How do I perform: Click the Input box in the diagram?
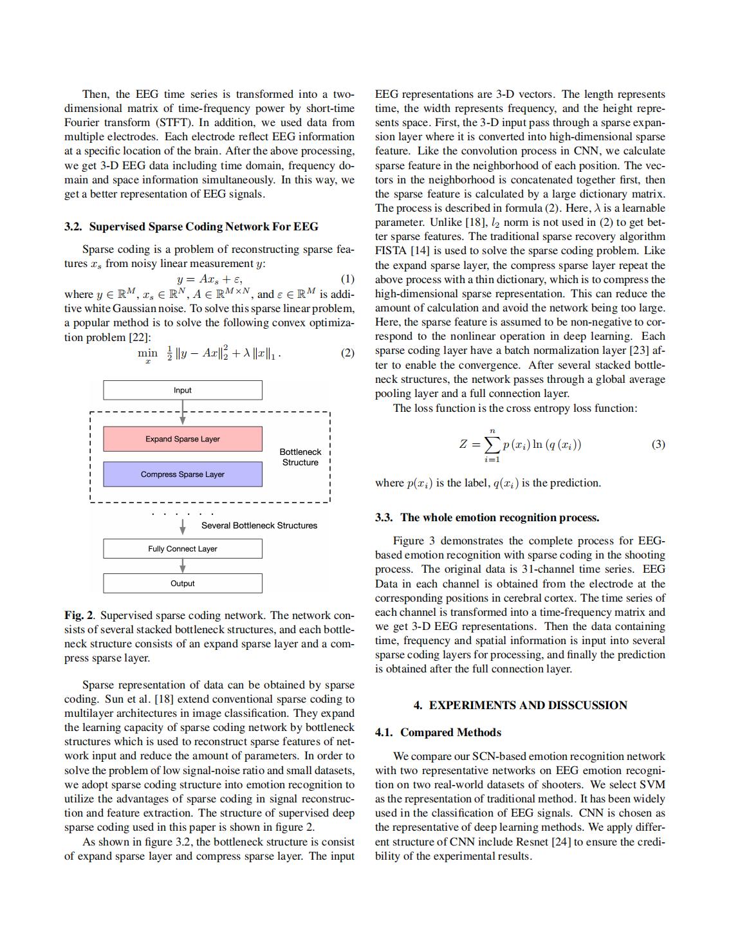click(182, 390)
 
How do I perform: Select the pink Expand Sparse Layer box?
click(182, 439)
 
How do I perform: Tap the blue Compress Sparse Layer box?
click(182, 474)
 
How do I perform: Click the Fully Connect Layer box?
click(182, 548)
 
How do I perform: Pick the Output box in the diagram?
click(182, 583)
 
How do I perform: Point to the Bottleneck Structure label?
click(300, 457)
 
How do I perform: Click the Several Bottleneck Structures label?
click(259, 525)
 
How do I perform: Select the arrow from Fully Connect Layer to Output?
click(183, 566)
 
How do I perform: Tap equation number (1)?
click(347, 279)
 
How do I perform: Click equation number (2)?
click(347, 353)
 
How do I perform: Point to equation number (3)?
click(658, 444)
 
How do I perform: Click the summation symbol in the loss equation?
click(492, 445)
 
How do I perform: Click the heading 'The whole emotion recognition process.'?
click(499, 517)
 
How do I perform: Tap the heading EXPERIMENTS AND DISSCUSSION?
click(528, 705)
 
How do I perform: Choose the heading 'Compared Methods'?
click(450, 732)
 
